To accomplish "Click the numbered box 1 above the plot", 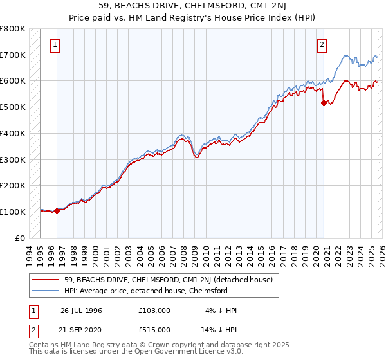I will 55,45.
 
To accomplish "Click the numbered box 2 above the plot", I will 321,45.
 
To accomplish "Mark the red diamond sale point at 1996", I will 57,210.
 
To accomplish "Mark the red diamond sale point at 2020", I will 324,103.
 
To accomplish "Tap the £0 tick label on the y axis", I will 20,238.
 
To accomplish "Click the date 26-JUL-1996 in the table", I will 81,310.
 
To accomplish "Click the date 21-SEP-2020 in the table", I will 81,330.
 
